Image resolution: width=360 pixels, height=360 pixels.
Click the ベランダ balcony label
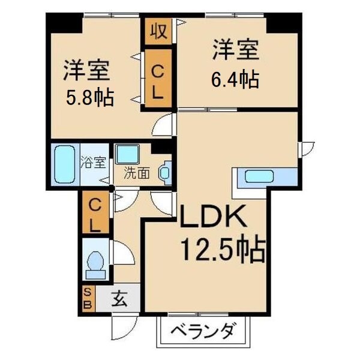[x=202, y=332]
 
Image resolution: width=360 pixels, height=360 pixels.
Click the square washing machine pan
[x=128, y=155]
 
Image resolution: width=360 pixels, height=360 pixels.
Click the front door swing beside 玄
[x=120, y=327]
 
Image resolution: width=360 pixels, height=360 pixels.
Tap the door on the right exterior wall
[x=308, y=147]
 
